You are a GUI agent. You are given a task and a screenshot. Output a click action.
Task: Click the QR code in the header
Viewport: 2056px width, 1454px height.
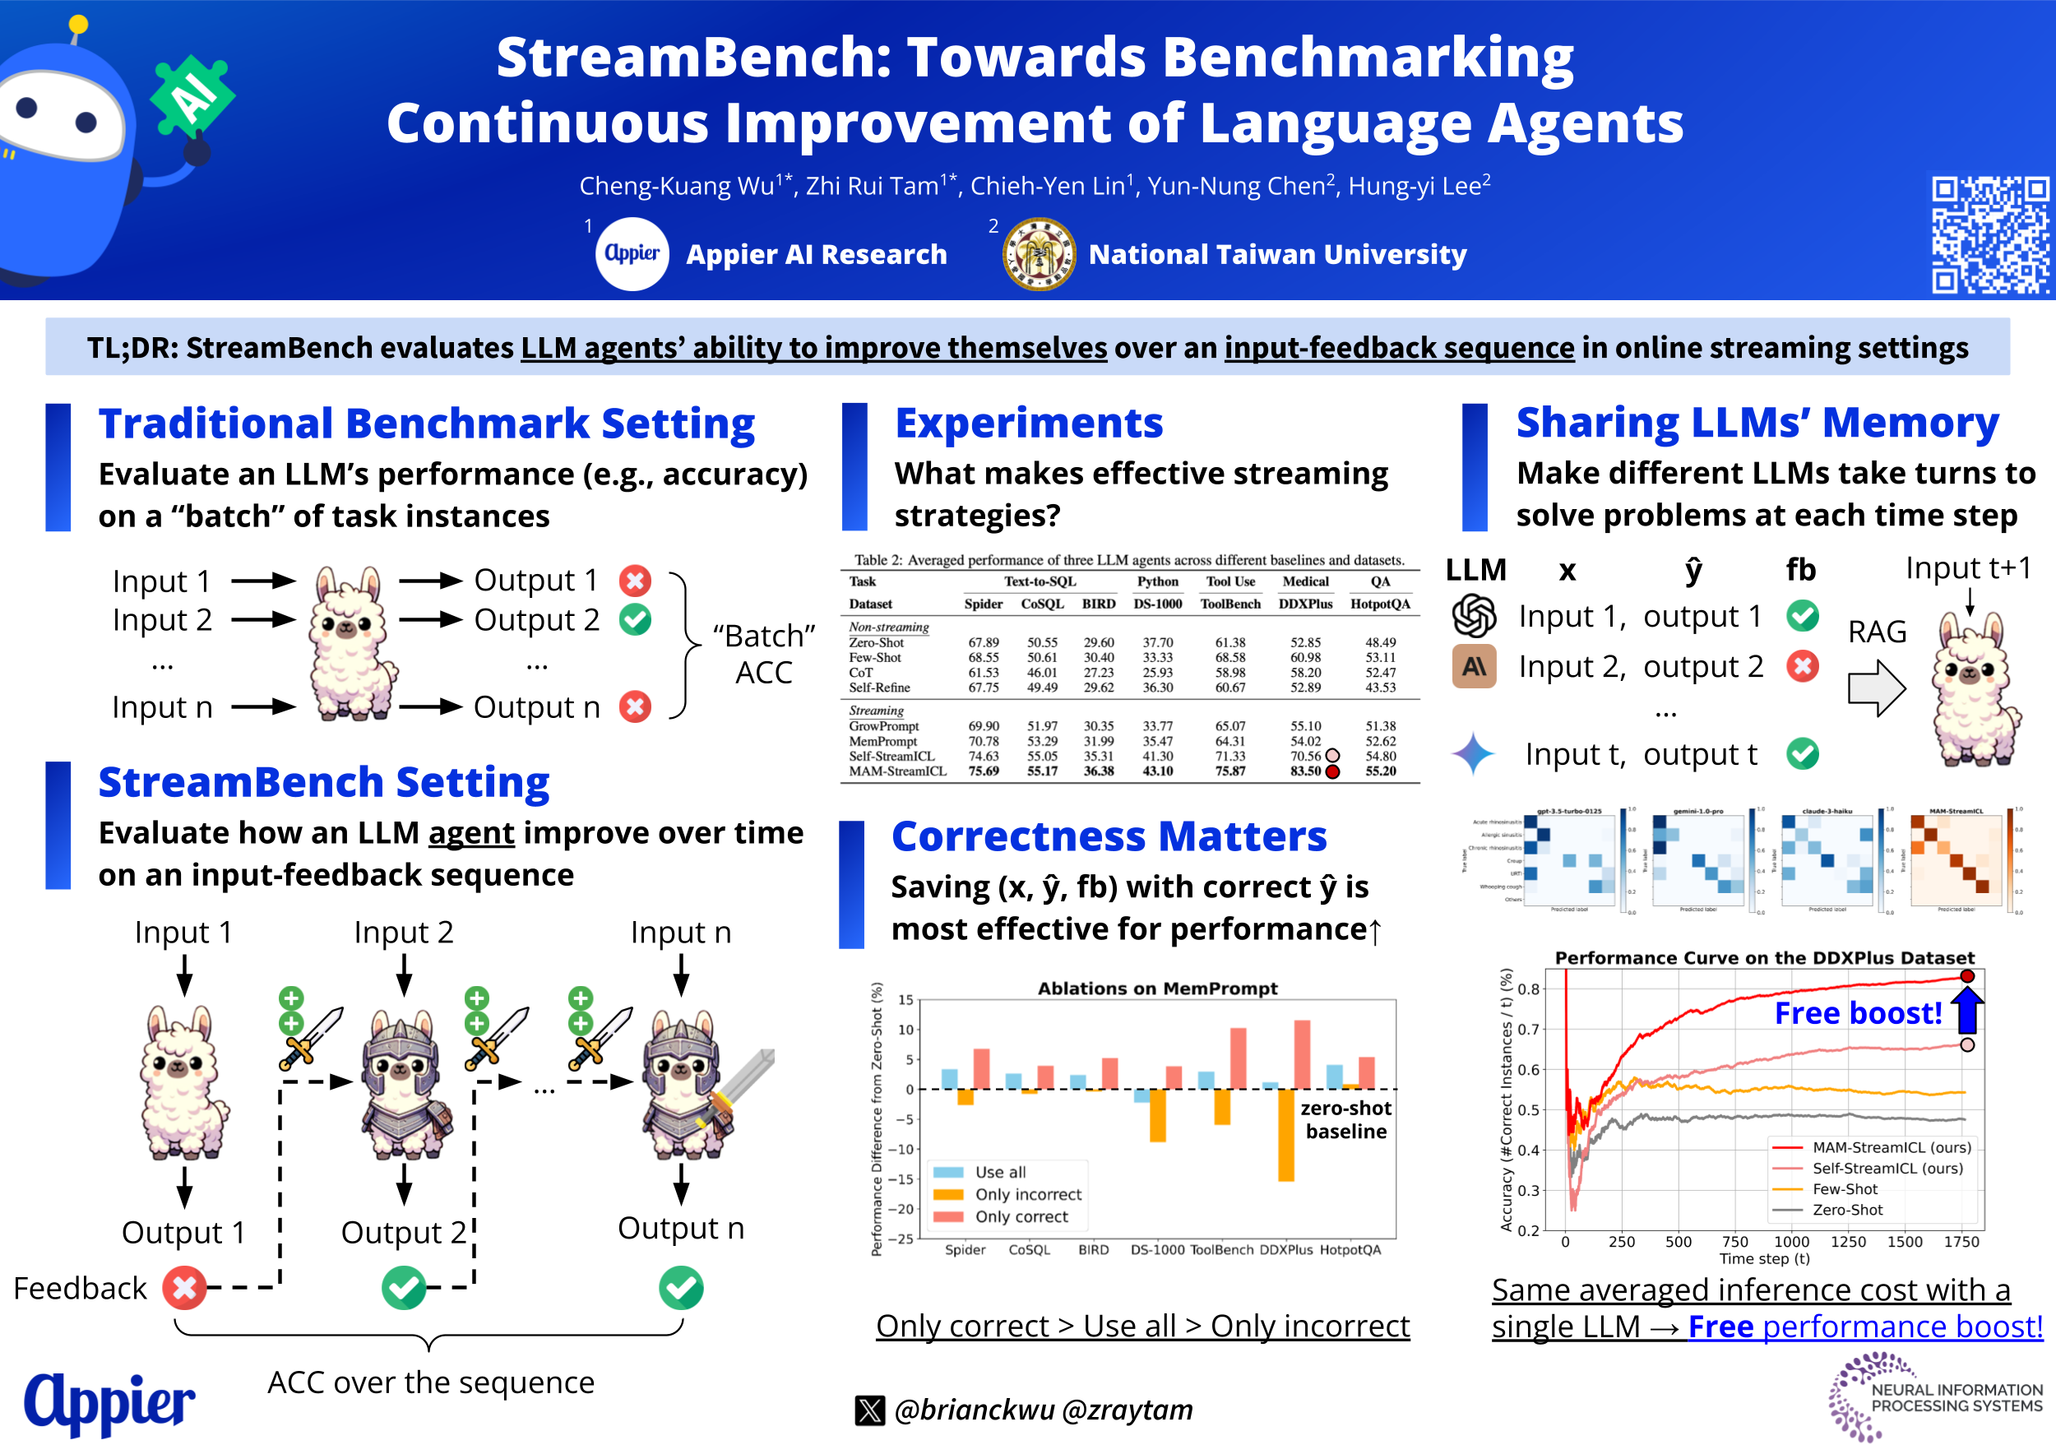click(x=1989, y=234)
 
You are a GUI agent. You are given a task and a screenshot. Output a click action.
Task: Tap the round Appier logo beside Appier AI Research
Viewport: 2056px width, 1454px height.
click(x=632, y=254)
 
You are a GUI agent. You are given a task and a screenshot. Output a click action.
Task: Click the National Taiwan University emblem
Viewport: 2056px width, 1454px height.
click(x=1039, y=254)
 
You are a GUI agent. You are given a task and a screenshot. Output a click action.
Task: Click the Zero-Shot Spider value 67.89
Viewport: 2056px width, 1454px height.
click(x=984, y=642)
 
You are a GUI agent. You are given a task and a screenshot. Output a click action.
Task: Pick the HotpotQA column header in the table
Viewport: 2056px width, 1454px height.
click(x=1380, y=604)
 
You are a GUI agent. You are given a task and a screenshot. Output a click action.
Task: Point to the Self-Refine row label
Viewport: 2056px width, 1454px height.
click(x=879, y=688)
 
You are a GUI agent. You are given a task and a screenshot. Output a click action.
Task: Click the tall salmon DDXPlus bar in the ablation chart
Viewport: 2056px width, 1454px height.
click(x=1302, y=1053)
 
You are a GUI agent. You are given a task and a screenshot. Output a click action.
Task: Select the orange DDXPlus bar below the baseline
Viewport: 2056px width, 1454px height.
click(x=1286, y=1134)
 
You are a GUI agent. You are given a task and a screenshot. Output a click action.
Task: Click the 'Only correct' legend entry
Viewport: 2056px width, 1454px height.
click(x=1021, y=1217)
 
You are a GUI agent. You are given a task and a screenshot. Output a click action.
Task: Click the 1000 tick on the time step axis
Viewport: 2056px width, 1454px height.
click(x=1791, y=1242)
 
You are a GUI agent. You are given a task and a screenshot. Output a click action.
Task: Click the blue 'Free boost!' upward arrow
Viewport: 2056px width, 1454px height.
click(x=1967, y=1009)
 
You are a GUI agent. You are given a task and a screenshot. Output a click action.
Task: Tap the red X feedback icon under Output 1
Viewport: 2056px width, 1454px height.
click(x=184, y=1288)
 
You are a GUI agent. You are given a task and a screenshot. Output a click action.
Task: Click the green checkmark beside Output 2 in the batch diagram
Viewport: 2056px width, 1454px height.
click(x=636, y=619)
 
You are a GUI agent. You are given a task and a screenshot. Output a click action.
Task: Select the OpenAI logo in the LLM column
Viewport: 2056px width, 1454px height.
click(x=1474, y=616)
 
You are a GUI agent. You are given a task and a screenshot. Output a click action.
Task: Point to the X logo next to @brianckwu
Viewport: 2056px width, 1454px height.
click(x=869, y=1410)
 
